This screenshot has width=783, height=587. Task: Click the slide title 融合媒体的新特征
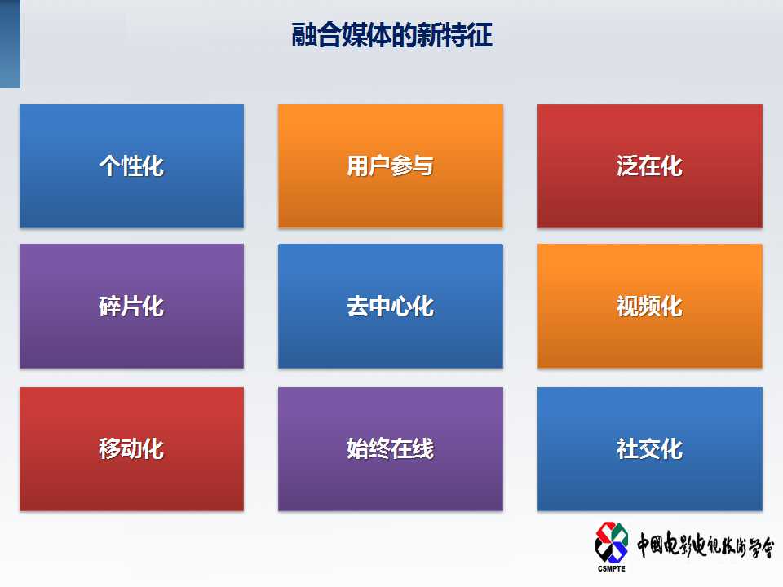392,35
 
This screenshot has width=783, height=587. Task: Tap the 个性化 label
131,166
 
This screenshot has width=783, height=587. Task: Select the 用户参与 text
390,166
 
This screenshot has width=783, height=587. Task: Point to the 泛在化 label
650,166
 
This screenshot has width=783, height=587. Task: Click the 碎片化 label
131,306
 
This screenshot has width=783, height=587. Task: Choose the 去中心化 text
390,306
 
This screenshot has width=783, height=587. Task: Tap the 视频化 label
650,306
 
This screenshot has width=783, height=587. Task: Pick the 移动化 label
131,448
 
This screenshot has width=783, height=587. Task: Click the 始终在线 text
390,448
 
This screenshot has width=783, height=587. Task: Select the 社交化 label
650,448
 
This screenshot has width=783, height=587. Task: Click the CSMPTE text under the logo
611,568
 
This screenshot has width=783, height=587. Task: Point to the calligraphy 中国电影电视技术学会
705,545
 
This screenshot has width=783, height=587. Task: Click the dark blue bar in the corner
10,44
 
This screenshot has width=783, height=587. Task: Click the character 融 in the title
303,35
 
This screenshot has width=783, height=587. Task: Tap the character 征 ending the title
480,35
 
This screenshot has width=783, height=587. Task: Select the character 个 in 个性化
109,166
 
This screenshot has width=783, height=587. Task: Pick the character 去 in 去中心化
357,306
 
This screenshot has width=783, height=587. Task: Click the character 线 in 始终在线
423,448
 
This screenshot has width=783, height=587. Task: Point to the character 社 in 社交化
627,448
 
